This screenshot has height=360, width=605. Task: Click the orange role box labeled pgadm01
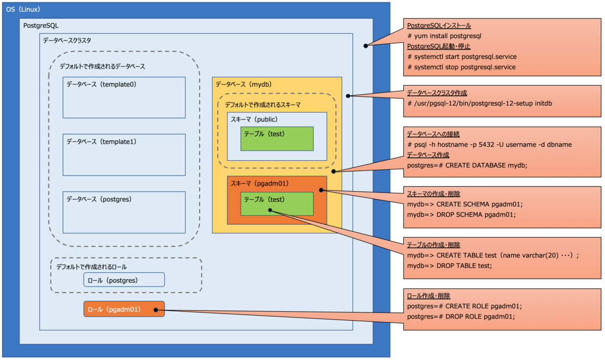[124, 309]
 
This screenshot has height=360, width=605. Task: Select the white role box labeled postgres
[124, 280]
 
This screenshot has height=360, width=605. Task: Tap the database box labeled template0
[124, 97]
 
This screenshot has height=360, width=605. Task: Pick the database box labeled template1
[124, 155]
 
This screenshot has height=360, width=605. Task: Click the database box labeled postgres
[124, 212]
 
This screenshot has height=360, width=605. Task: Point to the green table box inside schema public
[277, 139]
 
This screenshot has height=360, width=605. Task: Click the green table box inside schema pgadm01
[277, 204]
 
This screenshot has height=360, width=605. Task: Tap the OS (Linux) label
[23, 10]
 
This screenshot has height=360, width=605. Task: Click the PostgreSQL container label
[41, 25]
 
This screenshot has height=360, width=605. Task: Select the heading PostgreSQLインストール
[439, 26]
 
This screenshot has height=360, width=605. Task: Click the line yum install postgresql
[445, 36]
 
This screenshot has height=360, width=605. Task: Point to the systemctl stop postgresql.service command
[461, 67]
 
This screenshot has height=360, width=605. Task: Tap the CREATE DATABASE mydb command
[467, 165]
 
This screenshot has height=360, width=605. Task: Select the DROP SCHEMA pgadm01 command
[461, 214]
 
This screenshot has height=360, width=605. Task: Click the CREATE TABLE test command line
[493, 255]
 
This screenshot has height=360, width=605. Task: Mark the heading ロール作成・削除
[428, 296]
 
